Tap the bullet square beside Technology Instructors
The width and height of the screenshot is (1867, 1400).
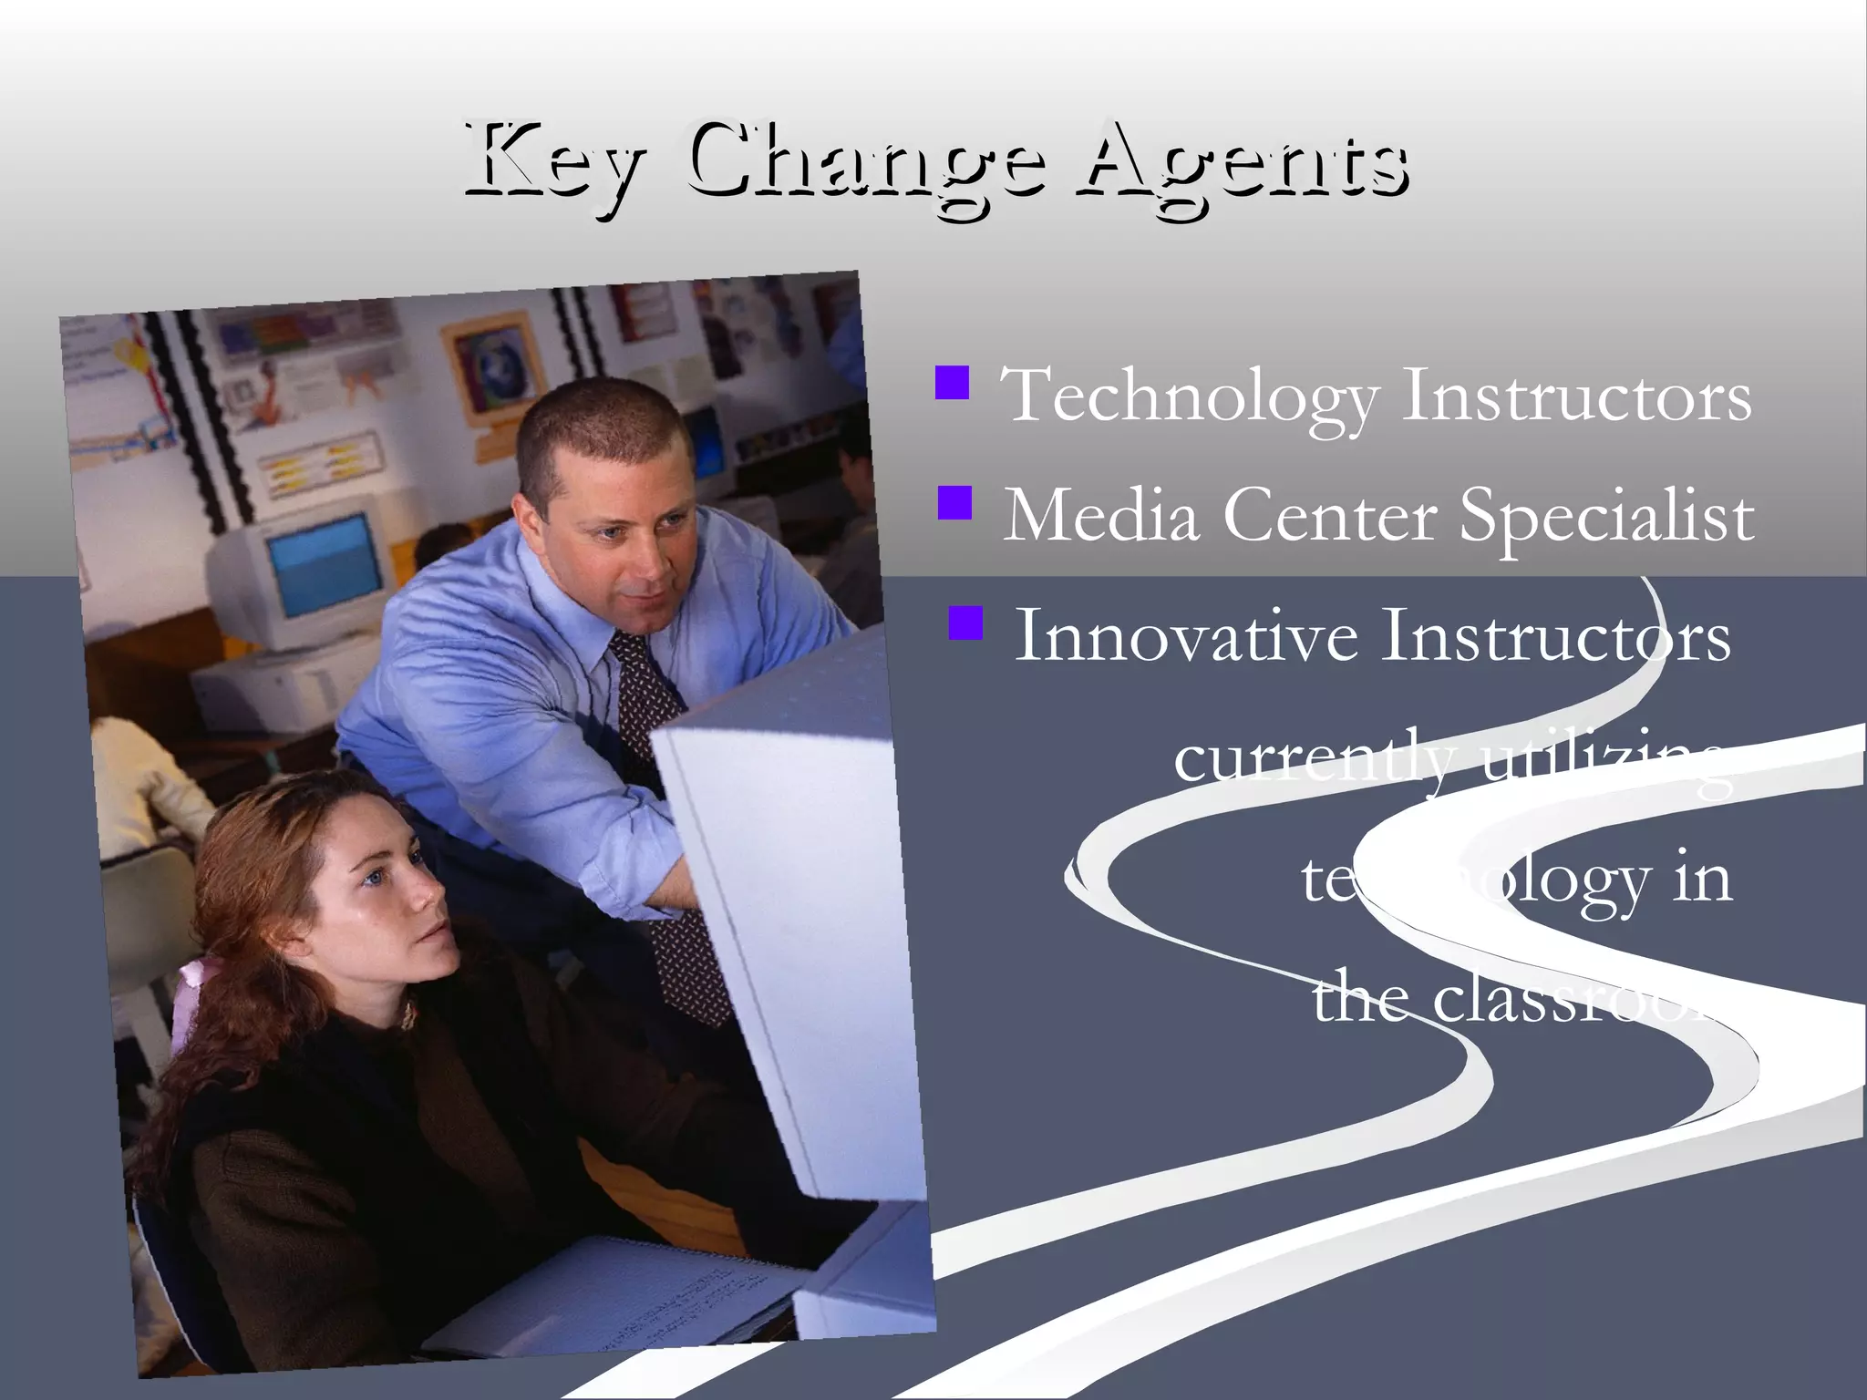[952, 383]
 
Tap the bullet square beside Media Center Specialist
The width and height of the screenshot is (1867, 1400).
[954, 502]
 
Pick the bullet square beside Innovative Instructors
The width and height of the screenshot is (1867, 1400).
[965, 623]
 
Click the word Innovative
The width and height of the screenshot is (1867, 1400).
[1186, 636]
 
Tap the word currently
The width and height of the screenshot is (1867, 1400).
[1313, 758]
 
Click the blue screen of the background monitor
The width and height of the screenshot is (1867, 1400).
[326, 563]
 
